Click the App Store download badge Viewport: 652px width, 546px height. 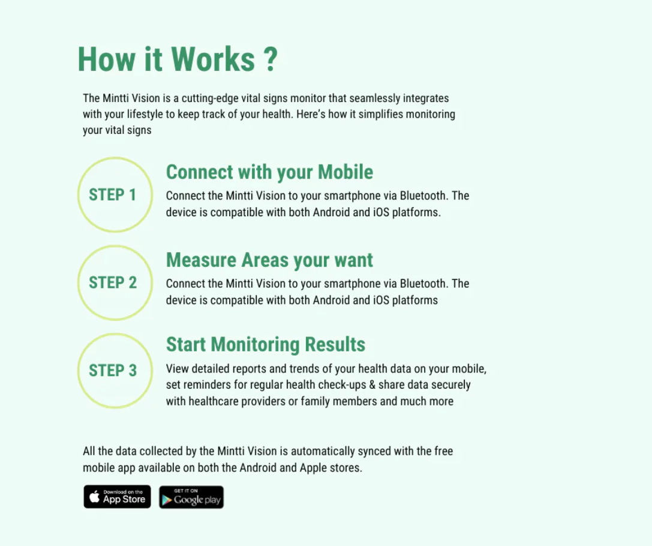pyautogui.click(x=117, y=497)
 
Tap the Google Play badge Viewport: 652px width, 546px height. pyautogui.click(x=191, y=497)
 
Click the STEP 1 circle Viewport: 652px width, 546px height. pyautogui.click(x=115, y=195)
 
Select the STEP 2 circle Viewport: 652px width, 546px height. pyautogui.click(x=115, y=283)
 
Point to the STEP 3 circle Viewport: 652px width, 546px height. pyautogui.click(x=115, y=371)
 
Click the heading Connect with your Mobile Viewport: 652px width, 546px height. pyautogui.click(x=269, y=172)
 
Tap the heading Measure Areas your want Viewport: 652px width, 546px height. pyautogui.click(x=269, y=260)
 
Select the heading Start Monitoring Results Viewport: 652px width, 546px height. pyautogui.click(x=265, y=345)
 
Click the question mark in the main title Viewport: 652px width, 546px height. pyautogui.click(x=270, y=59)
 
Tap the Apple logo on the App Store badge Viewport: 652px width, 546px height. pyautogui.click(x=94, y=497)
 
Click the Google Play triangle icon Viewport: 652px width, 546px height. pyautogui.click(x=167, y=500)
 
